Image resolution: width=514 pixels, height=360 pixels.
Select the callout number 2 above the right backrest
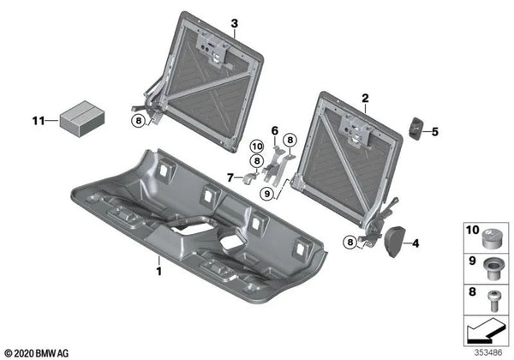(365, 99)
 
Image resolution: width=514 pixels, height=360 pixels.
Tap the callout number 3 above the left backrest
(234, 22)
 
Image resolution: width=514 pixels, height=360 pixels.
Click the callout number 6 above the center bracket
(274, 129)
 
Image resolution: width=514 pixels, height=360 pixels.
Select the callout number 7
(230, 177)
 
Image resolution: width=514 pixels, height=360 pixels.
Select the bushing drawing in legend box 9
(493, 267)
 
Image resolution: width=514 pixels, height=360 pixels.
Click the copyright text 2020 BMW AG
(39, 351)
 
